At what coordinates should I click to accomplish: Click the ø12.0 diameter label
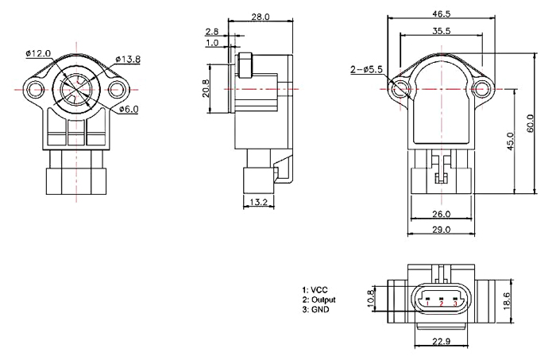click(38, 53)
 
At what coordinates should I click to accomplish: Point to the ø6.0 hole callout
click(129, 109)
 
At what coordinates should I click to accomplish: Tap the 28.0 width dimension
click(261, 17)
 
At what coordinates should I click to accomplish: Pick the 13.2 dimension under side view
click(258, 203)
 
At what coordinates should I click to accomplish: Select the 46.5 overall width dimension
click(442, 14)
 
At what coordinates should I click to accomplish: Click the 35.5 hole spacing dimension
click(442, 31)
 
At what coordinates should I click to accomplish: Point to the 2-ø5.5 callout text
click(367, 70)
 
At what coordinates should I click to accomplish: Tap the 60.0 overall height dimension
click(530, 124)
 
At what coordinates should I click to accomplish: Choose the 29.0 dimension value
click(442, 230)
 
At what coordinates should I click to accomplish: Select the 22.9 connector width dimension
click(442, 343)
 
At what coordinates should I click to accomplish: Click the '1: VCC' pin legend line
click(315, 289)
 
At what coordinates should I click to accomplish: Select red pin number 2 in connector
click(441, 304)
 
